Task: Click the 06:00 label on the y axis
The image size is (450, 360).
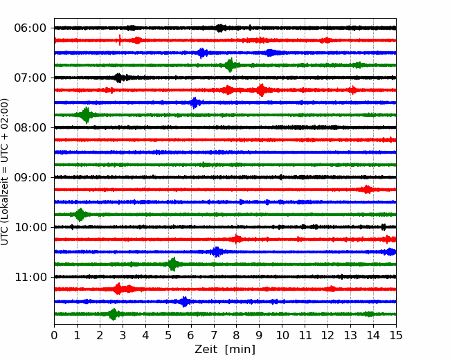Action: tap(30, 28)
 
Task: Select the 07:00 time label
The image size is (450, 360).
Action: tap(30, 78)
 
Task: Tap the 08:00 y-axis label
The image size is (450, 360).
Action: tap(30, 128)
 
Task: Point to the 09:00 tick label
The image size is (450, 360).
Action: tap(30, 178)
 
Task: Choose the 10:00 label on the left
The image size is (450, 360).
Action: tap(30, 227)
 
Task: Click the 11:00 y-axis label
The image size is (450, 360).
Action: tap(30, 278)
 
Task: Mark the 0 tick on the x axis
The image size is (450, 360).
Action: tap(54, 335)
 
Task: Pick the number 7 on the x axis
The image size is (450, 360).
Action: tap(214, 335)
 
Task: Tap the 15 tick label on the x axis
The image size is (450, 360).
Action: tap(396, 335)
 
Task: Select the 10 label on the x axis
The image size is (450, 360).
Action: tap(282, 335)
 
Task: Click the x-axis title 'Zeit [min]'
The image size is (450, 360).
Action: tap(225, 350)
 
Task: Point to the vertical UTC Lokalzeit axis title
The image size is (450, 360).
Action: tap(5, 172)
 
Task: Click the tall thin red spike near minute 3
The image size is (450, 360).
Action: tap(120, 40)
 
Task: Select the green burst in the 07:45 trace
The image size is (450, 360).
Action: tap(86, 115)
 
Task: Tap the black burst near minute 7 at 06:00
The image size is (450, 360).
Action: tap(220, 28)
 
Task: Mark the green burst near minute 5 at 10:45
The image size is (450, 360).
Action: tap(173, 264)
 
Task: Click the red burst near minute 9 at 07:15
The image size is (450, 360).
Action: tap(261, 90)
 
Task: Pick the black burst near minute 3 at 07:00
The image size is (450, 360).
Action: tap(118, 78)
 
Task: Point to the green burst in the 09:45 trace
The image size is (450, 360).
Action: tap(80, 215)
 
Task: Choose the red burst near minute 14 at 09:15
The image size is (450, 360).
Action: tap(366, 190)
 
